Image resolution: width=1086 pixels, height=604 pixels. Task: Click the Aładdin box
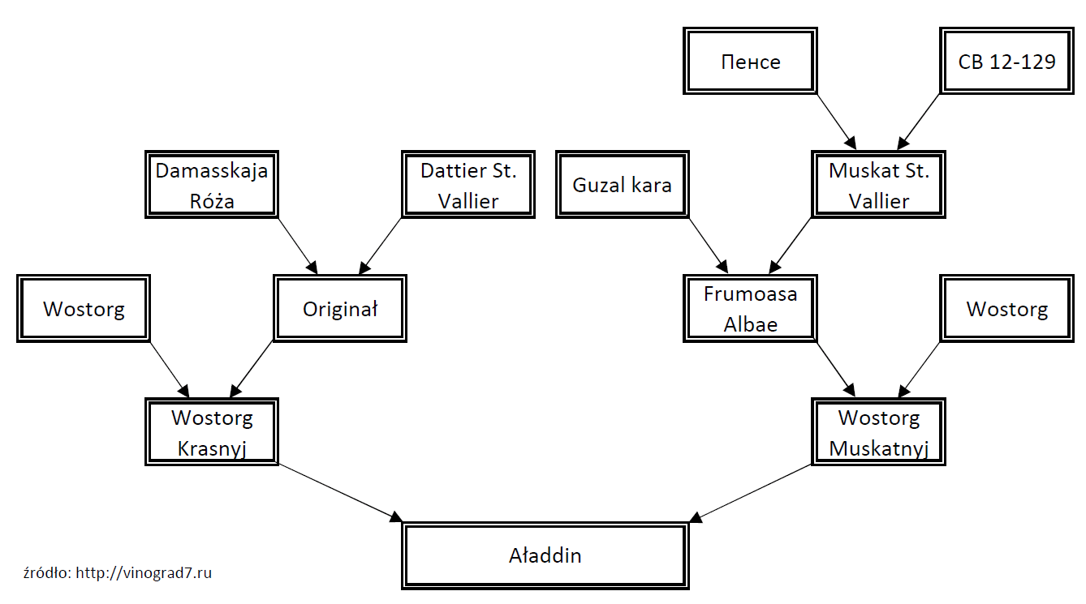(x=545, y=555)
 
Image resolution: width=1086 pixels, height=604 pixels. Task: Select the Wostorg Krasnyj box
(x=211, y=431)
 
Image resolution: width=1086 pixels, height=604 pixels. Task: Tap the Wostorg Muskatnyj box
(x=878, y=431)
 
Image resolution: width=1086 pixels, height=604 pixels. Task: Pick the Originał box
(x=340, y=308)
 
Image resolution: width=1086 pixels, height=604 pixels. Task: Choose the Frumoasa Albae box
(x=750, y=308)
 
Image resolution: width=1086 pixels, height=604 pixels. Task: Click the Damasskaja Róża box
(x=211, y=184)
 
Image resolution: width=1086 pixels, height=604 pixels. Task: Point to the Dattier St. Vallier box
(x=468, y=184)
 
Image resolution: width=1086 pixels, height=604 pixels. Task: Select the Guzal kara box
(x=622, y=184)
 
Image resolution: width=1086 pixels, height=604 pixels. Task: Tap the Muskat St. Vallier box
(x=878, y=184)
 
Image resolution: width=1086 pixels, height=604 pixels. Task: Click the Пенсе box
(x=750, y=61)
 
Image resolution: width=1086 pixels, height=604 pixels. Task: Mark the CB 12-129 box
(x=1006, y=61)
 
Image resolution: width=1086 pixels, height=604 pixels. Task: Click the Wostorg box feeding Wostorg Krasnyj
(x=84, y=308)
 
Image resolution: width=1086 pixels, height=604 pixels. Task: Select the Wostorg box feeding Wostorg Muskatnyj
(x=1006, y=308)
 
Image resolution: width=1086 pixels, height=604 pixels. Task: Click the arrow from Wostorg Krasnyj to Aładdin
(x=340, y=492)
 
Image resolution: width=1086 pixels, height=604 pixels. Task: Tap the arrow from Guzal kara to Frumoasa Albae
(x=709, y=245)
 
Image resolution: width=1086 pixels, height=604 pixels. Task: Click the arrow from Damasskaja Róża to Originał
(x=297, y=245)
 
